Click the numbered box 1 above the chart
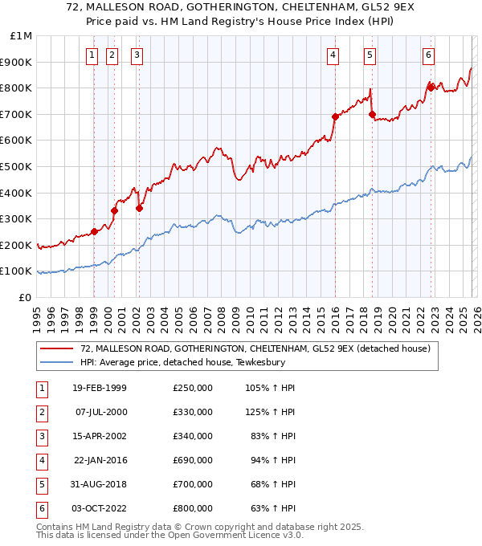click(92, 55)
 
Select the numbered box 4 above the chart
click(332, 55)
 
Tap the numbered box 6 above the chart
click(429, 55)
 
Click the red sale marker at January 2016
click(335, 116)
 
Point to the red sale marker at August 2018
click(372, 114)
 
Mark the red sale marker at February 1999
click(95, 231)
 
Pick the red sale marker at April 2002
click(139, 208)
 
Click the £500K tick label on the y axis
click(16, 166)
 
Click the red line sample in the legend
click(57, 348)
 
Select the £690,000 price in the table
click(192, 460)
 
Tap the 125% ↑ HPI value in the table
click(271, 412)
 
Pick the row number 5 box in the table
click(40, 484)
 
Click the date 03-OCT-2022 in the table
click(100, 508)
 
